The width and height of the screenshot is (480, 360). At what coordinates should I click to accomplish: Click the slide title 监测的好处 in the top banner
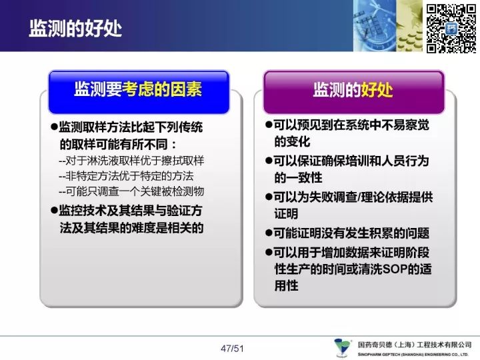tap(75, 29)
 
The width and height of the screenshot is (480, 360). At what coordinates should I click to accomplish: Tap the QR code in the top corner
tap(451, 29)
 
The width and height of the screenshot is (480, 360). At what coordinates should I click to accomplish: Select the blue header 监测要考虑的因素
tap(139, 90)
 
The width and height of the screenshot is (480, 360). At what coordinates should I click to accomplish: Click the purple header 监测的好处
tap(353, 90)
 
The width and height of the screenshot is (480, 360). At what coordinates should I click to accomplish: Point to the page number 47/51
tap(232, 349)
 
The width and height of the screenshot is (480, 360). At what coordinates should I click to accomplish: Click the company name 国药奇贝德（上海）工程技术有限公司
tap(415, 345)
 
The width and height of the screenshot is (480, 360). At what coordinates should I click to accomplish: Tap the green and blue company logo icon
tap(342, 347)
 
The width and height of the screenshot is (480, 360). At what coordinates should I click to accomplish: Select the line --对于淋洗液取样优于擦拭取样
tap(131, 161)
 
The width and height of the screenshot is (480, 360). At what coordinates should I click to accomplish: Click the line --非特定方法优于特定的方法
tap(126, 176)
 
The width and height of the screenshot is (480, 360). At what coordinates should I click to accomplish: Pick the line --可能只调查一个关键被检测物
tap(131, 191)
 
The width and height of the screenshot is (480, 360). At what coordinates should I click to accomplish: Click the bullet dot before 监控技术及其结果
tap(55, 210)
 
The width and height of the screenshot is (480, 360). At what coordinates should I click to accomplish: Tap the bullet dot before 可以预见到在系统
tap(269, 124)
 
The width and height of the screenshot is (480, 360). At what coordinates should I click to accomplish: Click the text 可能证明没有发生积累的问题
tap(351, 233)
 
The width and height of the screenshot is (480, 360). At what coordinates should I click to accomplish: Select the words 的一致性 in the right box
tap(298, 177)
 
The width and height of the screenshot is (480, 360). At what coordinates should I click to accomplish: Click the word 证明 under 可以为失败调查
tap(286, 214)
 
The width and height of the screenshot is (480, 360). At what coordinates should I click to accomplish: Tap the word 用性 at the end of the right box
tap(286, 286)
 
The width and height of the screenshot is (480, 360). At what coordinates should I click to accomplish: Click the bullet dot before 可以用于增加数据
tap(269, 252)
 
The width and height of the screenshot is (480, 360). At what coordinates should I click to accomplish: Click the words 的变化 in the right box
tap(292, 141)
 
